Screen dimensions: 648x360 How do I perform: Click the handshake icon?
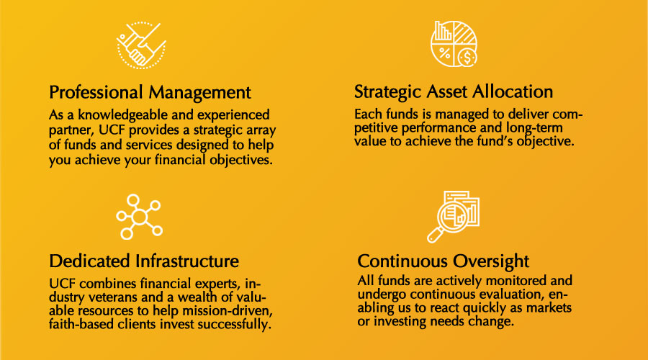(141, 45)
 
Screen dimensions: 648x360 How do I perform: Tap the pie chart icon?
(454, 44)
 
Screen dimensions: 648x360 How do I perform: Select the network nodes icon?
(139, 217)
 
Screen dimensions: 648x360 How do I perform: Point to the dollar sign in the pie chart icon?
(467, 58)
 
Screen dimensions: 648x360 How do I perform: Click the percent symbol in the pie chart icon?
(444, 53)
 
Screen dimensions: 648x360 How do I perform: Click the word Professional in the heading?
(96, 93)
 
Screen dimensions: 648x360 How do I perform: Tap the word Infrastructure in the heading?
(187, 261)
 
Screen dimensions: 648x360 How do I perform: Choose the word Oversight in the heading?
(491, 261)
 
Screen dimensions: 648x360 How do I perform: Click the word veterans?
(113, 297)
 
